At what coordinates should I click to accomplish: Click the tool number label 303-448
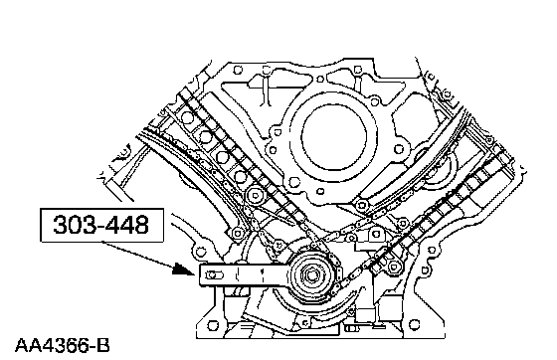pos(101,225)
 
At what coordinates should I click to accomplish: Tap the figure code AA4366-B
pos(63,345)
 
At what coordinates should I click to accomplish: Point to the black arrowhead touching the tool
pos(184,270)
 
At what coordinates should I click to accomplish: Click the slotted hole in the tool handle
pos(215,275)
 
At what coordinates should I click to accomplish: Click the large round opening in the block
pos(333,138)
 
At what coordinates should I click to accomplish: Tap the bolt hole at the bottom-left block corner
pos(213,325)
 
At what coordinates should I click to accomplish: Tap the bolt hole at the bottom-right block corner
pos(414,324)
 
